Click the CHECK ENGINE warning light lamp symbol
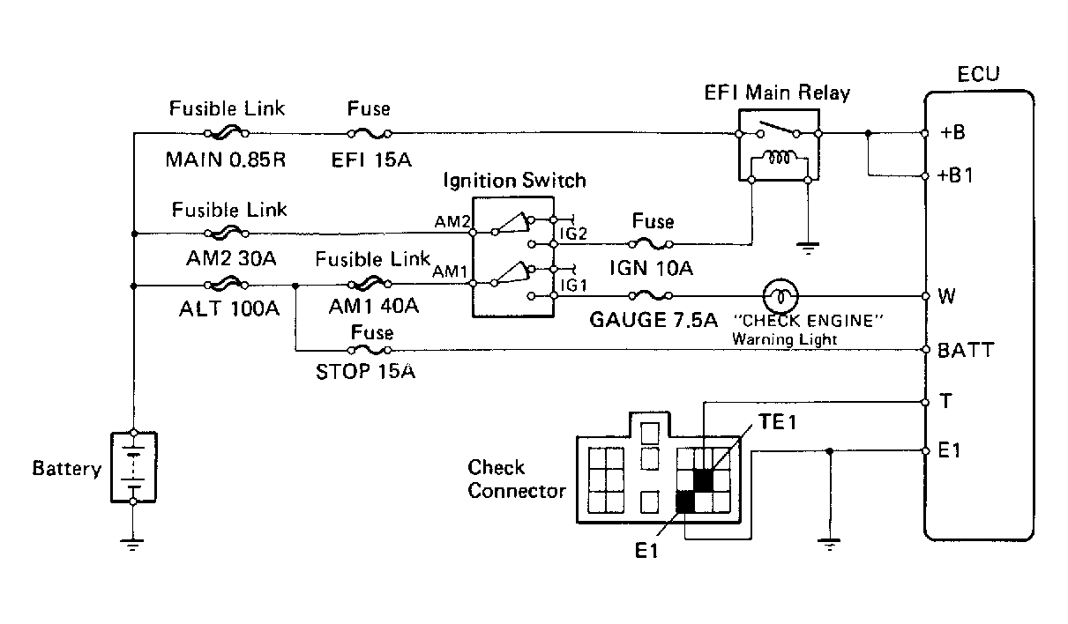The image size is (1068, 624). [x=780, y=296]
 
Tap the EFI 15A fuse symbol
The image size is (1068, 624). [x=370, y=134]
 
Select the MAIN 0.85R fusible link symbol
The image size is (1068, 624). [x=227, y=133]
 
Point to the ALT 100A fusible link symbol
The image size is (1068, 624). [x=227, y=285]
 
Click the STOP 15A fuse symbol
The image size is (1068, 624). [x=370, y=350]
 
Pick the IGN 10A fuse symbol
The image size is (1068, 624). [x=651, y=244]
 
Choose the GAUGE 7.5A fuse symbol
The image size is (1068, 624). [x=651, y=296]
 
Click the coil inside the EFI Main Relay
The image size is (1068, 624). [x=779, y=158]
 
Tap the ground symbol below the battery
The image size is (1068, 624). [x=132, y=545]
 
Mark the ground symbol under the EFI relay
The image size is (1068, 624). [x=808, y=249]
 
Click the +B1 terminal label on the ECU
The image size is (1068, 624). [x=954, y=175]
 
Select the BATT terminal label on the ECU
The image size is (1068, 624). [x=966, y=350]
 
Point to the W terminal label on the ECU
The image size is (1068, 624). [x=947, y=296]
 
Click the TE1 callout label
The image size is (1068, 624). [x=778, y=422]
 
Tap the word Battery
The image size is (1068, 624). [x=67, y=469]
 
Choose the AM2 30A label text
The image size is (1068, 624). [x=231, y=258]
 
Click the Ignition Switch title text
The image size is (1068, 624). [x=514, y=181]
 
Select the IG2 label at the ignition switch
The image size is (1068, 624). [x=573, y=234]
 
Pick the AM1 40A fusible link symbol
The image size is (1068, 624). [x=370, y=284]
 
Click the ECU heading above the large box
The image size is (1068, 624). [x=978, y=74]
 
